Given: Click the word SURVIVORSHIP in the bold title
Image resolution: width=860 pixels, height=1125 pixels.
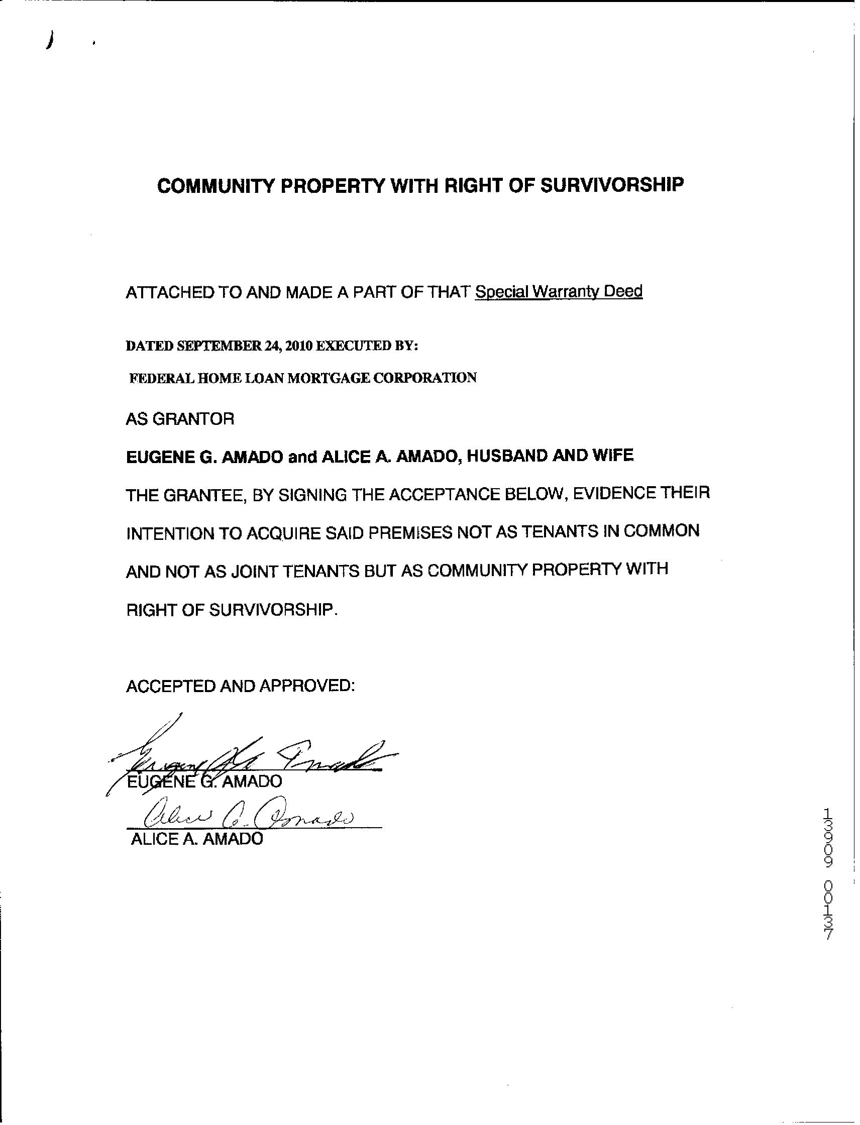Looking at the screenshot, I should tap(612, 185).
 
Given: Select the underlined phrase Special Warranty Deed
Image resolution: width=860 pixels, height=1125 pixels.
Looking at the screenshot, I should tap(559, 292).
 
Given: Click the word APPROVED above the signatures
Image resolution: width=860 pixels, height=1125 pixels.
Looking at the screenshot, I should tap(306, 686).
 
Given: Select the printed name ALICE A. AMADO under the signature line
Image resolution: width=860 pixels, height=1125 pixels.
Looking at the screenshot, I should tap(197, 838).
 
